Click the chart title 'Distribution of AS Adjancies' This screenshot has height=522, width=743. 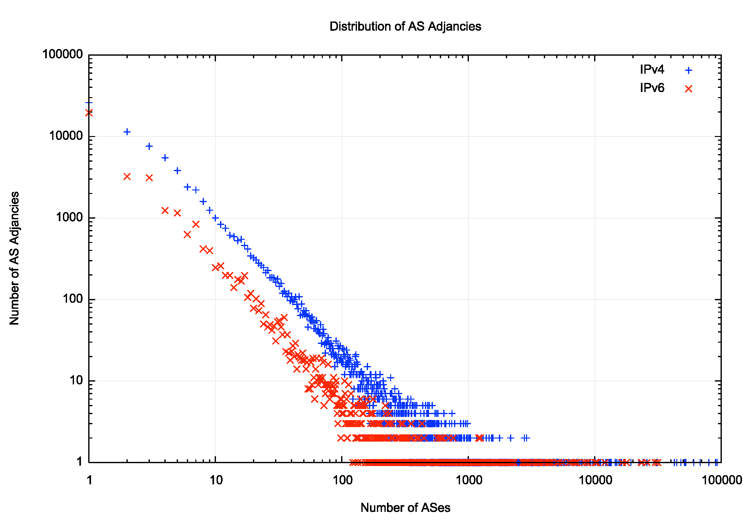(x=405, y=27)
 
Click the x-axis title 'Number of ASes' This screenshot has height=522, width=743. (x=405, y=507)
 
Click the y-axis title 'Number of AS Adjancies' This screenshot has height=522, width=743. (x=14, y=258)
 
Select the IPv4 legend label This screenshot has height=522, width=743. (x=652, y=70)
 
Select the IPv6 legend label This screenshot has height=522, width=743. (x=652, y=88)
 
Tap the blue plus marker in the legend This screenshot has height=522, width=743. (x=688, y=70)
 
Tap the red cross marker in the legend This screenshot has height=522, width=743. (x=688, y=89)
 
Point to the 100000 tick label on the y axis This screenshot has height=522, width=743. (x=63, y=54)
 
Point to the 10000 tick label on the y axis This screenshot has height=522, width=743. (x=66, y=136)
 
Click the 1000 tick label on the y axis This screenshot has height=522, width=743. (x=70, y=217)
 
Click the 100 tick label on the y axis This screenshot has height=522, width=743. (x=73, y=299)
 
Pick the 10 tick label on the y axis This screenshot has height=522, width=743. (x=77, y=380)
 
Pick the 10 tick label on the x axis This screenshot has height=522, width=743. (x=216, y=480)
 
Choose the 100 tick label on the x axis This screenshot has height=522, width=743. (x=342, y=480)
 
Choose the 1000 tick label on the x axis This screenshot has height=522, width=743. (x=469, y=480)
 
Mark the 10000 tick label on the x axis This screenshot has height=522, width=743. (x=595, y=480)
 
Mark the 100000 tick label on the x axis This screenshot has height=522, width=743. (x=721, y=480)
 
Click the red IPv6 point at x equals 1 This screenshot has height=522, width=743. (x=89, y=113)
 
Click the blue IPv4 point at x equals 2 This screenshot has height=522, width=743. (x=127, y=132)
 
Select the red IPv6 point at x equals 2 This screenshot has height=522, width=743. (x=127, y=177)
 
